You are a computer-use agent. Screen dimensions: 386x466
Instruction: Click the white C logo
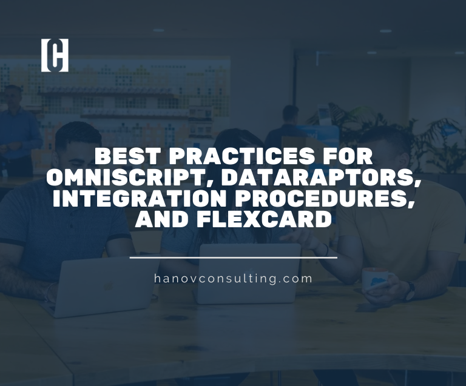pyautogui.click(x=55, y=55)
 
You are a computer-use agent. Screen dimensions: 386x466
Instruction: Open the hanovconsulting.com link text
pyautogui.click(x=234, y=279)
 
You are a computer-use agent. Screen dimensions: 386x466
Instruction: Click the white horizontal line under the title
pyautogui.click(x=234, y=258)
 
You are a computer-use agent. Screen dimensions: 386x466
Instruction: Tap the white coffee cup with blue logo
pyautogui.click(x=377, y=281)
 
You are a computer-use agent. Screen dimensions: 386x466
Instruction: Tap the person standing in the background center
pyautogui.click(x=289, y=127)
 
